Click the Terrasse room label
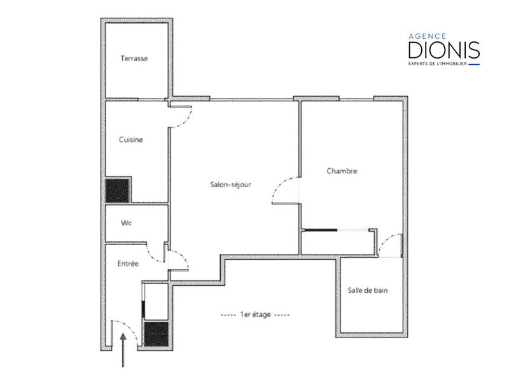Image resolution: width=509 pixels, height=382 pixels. click(134, 59)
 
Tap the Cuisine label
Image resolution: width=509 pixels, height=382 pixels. click(131, 140)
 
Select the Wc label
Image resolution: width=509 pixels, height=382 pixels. click(126, 223)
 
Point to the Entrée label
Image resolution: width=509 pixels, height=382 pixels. click(128, 263)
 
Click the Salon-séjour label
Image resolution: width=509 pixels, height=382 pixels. click(231, 185)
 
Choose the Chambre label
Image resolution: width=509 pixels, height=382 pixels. click(342, 171)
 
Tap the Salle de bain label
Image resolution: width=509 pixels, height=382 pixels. click(368, 290)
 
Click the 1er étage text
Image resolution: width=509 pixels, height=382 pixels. click(254, 315)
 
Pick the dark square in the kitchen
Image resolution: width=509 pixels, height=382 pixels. click(118, 190)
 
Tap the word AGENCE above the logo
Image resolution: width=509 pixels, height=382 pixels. click(428, 36)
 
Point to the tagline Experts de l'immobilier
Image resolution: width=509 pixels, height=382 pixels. click(437, 64)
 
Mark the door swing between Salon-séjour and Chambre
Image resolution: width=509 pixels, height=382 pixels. click(285, 191)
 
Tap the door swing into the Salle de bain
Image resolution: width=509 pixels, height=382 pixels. click(390, 246)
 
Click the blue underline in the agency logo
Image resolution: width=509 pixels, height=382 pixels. click(474, 64)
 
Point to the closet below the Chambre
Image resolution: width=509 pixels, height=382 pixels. click(337, 242)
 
